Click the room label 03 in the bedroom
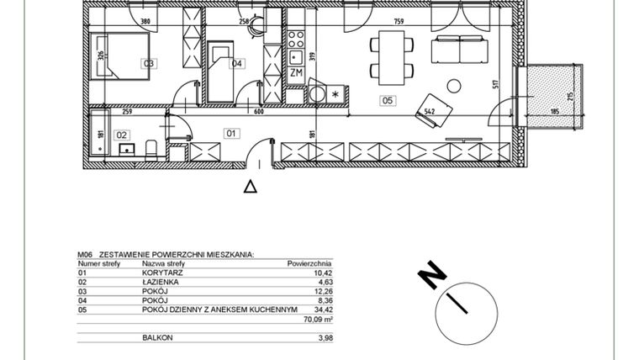coord(149,63)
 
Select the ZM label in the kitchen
coord(295,74)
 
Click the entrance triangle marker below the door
coord(250,187)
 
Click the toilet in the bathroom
coord(152,151)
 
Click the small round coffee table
coord(453,85)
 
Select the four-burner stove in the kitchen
coord(296,38)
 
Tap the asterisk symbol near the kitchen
coord(337,93)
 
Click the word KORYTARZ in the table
coord(157,273)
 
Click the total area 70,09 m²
coord(317,319)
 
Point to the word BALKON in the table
coord(153,336)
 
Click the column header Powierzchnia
coord(309,262)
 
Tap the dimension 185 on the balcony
coord(554,111)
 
